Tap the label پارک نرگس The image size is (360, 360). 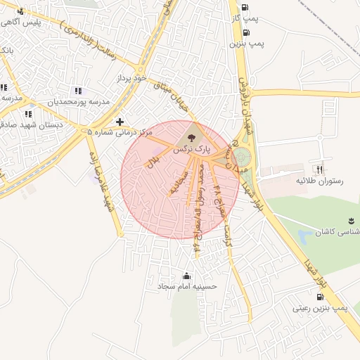[191, 150]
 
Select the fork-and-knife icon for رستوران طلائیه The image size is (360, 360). [319, 169]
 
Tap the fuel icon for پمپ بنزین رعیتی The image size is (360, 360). [311, 297]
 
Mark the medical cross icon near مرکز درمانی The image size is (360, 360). [120, 122]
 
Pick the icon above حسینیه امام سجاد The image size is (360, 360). [187, 275]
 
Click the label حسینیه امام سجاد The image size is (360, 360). [188, 287]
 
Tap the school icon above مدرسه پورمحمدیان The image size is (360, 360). [77, 91]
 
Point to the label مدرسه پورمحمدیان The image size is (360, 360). [79, 103]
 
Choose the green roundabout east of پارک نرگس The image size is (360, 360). [241, 156]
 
